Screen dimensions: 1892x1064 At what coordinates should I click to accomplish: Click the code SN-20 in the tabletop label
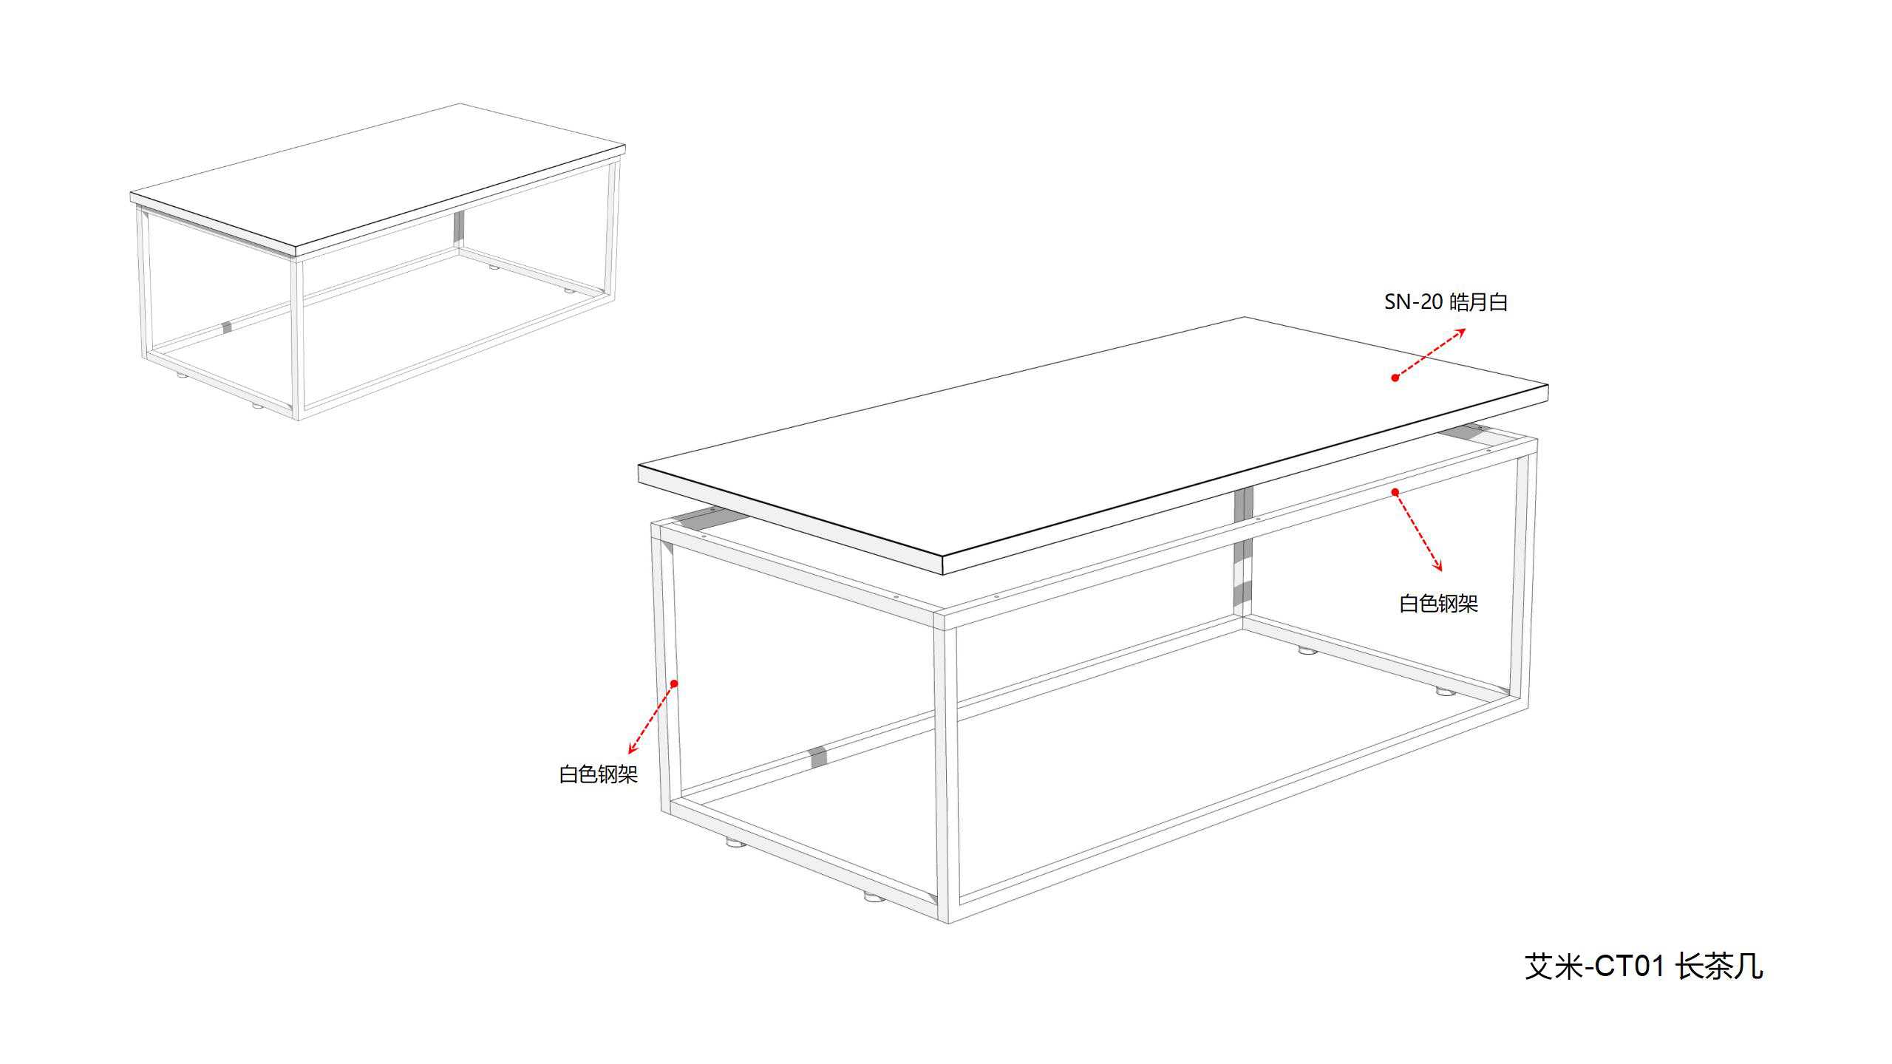pos(1413,302)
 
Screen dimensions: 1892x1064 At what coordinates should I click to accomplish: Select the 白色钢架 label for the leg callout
pos(599,774)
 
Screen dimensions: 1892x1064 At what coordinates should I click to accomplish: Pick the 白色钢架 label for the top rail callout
pos(1439,604)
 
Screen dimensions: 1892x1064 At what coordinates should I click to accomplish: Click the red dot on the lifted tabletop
pos(1395,378)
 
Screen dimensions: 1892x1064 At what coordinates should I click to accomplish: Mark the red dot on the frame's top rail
pos(1395,492)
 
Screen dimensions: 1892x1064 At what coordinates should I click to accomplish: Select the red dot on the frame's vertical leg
pos(674,683)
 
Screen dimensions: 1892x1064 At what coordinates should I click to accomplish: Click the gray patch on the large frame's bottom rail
pos(817,757)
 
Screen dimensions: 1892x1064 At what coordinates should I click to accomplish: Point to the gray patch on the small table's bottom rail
pos(228,327)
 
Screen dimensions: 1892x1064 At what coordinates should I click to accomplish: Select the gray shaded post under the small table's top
pos(459,228)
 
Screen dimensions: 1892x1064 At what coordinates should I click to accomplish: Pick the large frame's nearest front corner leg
pos(946,768)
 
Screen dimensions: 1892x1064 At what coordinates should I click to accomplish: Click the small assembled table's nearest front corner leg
pos(299,339)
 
